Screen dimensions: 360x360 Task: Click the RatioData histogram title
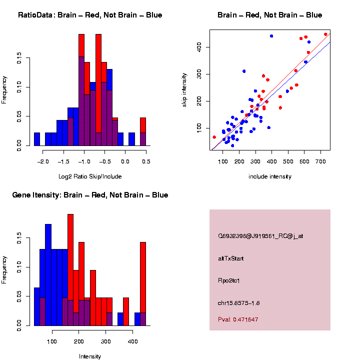coord(90,15)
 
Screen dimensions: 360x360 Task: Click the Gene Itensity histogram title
coord(90,194)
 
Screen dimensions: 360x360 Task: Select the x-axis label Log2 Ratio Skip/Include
coord(89,176)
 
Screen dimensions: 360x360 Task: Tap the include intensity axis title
coord(270,176)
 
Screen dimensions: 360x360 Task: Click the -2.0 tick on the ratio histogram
coord(43,161)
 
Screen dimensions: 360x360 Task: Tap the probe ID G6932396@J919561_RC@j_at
coord(260,236)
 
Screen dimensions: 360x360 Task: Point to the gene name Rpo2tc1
coord(229,281)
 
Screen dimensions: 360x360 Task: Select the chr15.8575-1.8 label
coord(238,303)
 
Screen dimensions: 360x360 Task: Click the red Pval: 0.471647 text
coord(238,319)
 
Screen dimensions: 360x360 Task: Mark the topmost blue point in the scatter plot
coord(271,36)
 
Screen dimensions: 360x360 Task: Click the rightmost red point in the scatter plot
coord(325,34)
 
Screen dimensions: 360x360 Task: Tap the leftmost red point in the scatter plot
coord(214,137)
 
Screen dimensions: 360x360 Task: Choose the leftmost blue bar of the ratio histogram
coord(37,139)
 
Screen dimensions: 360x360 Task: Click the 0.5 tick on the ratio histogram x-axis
coord(145,161)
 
